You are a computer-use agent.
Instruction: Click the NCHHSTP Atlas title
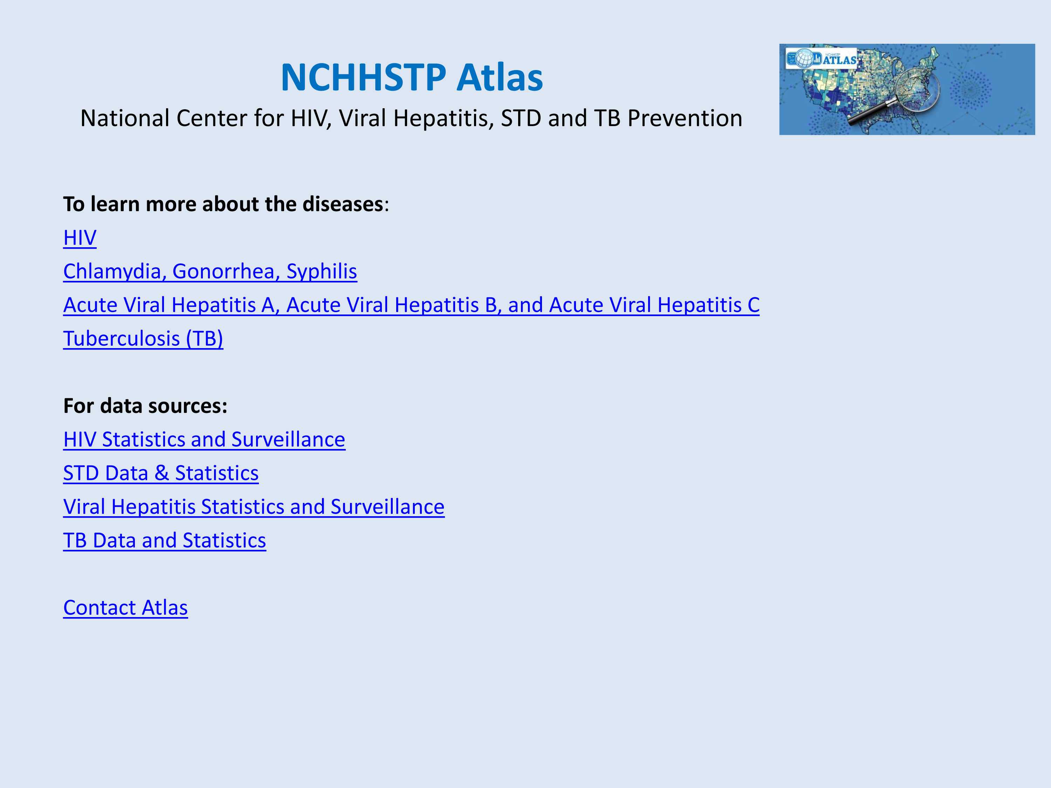click(x=412, y=77)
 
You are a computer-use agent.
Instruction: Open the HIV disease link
click(x=80, y=237)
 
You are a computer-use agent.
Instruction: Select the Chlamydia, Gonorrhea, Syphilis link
click(x=210, y=271)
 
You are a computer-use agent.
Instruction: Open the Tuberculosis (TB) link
click(x=143, y=339)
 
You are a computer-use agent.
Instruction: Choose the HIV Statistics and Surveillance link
click(x=204, y=440)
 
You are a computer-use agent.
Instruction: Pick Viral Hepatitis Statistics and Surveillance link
click(x=254, y=507)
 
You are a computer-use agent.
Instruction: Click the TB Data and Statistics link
click(x=164, y=540)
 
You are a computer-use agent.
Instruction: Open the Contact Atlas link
click(x=125, y=608)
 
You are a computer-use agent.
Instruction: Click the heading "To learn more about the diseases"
click(x=223, y=204)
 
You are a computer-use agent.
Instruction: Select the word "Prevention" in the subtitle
click(x=685, y=118)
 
